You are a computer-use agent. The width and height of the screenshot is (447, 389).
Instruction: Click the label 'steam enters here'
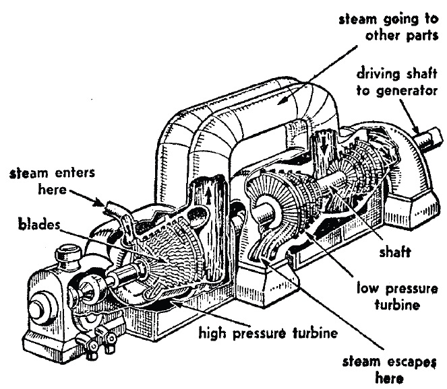tap(52, 181)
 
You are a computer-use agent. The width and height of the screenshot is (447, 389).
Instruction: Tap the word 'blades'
tap(39, 224)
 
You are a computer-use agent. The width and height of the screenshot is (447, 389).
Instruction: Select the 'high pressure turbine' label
tap(268, 332)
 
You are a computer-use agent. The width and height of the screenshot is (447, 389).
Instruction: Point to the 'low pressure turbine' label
tap(397, 297)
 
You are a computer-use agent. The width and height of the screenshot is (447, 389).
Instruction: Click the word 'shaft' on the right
tap(395, 252)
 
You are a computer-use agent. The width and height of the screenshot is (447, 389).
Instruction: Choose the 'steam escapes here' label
tap(390, 370)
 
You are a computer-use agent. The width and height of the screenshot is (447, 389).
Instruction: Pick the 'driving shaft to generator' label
tap(397, 82)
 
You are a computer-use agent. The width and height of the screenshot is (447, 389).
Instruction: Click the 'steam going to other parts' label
tap(389, 28)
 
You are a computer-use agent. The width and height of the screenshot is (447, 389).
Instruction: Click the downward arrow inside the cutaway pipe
tap(324, 147)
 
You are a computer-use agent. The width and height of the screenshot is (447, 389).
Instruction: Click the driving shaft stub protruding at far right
tap(429, 140)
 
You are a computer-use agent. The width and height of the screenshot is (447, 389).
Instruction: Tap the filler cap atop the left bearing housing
tap(68, 253)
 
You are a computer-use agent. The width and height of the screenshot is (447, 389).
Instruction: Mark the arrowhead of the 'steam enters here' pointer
tap(100, 203)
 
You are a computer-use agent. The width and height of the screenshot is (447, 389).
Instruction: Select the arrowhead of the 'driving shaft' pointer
tap(417, 131)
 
